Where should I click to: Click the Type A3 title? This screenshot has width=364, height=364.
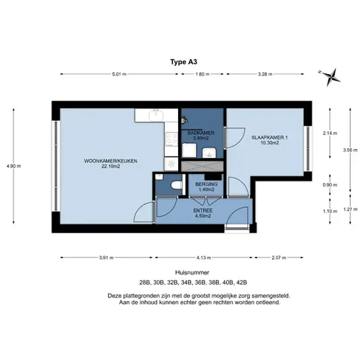click(183, 62)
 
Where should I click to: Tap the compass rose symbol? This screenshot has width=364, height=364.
click(330, 77)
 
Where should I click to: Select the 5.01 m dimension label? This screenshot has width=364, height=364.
click(119, 74)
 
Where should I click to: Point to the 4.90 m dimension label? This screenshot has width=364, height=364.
click(14, 166)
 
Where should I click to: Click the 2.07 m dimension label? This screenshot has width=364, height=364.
click(279, 257)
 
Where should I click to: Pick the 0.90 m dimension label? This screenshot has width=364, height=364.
click(330, 185)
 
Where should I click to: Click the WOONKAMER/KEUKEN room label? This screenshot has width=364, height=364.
click(111, 161)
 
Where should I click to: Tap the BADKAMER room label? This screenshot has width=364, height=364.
click(201, 133)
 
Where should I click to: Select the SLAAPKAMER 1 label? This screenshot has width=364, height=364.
click(269, 138)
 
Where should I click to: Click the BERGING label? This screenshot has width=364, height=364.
click(206, 185)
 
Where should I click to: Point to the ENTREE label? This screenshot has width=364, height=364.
click(203, 210)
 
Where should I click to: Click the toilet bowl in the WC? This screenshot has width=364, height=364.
click(177, 185)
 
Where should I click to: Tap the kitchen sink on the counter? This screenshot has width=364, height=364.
click(157, 115)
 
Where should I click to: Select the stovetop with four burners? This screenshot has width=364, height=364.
click(171, 139)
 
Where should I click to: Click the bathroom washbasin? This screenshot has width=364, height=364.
click(209, 153)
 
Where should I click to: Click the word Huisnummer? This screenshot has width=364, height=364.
click(192, 272)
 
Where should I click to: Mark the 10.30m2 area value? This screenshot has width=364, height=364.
click(269, 143)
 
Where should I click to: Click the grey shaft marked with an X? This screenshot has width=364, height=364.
click(203, 166)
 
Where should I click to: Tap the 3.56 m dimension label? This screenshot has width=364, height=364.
click(350, 150)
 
